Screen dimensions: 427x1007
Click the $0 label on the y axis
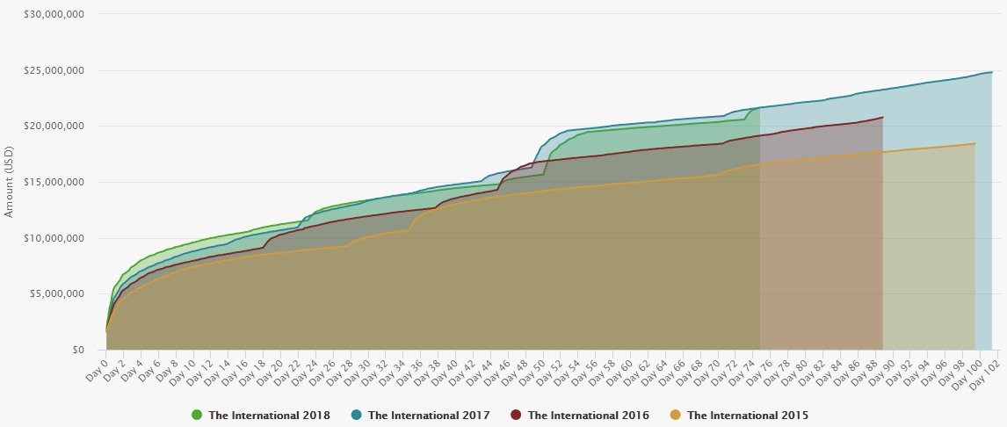click(x=78, y=350)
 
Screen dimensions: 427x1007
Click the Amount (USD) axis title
click(x=10, y=183)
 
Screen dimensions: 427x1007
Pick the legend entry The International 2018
click(x=269, y=415)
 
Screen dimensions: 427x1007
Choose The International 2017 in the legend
click(x=429, y=415)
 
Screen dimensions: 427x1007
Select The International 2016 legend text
click(x=588, y=415)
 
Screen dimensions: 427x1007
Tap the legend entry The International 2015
click(x=747, y=415)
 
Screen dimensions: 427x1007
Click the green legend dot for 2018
click(x=197, y=415)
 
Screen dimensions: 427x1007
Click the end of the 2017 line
click(x=992, y=72)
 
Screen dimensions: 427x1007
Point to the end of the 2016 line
click(x=883, y=117)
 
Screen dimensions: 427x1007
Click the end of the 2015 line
click(x=975, y=143)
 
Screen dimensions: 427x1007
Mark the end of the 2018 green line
click(x=760, y=107)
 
